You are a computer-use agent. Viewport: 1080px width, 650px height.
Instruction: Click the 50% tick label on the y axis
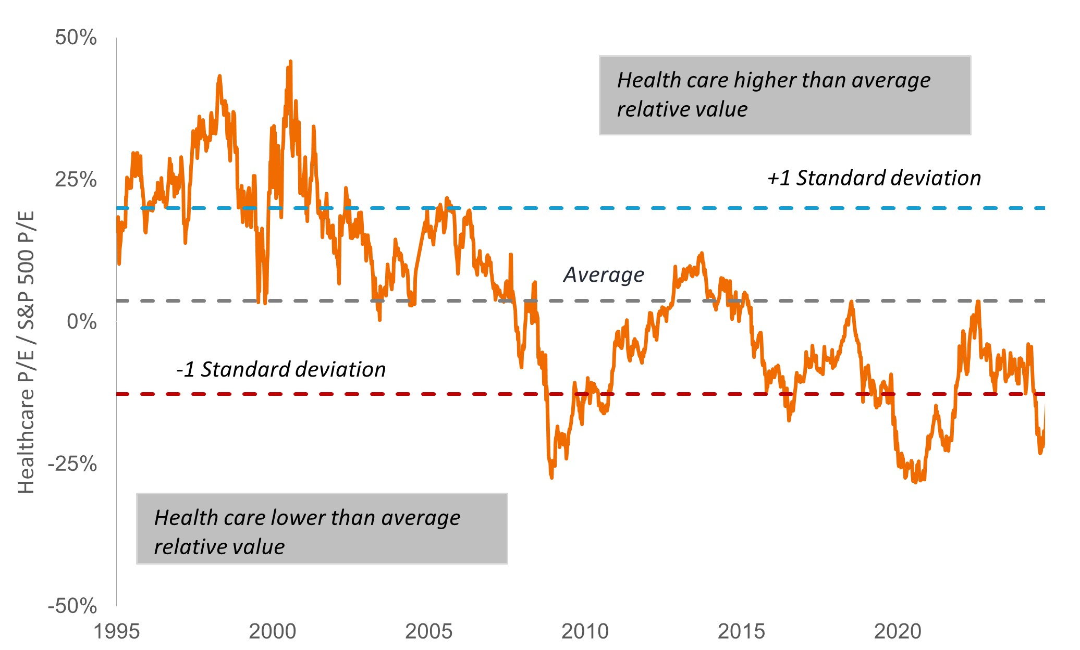76,38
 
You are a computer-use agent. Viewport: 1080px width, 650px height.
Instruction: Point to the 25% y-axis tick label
76,180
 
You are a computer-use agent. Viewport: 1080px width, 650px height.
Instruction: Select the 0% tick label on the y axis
82,322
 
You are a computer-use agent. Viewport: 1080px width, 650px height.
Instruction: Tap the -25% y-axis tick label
72,464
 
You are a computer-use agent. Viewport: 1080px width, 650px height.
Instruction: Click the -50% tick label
72,606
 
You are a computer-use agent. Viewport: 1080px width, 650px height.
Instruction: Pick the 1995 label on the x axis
116,631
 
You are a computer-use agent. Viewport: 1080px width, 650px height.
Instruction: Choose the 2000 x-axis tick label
272,631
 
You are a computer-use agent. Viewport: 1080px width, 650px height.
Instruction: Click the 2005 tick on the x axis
428,631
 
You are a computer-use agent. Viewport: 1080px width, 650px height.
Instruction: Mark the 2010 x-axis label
585,631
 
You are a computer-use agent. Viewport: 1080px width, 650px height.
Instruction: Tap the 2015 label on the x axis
741,631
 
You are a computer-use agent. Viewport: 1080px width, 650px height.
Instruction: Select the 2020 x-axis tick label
898,631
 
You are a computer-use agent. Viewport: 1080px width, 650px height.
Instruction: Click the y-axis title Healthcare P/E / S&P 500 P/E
26,352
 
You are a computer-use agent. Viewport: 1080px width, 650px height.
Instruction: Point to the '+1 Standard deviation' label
874,178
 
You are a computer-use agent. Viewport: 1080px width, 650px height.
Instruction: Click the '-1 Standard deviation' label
281,370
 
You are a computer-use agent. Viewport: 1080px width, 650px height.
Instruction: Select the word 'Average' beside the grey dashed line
604,274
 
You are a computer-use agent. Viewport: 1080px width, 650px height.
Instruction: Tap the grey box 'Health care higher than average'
784,95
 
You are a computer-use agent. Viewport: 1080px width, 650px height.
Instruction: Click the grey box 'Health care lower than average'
322,529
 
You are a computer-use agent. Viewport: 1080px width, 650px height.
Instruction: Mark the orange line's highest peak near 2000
290,61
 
